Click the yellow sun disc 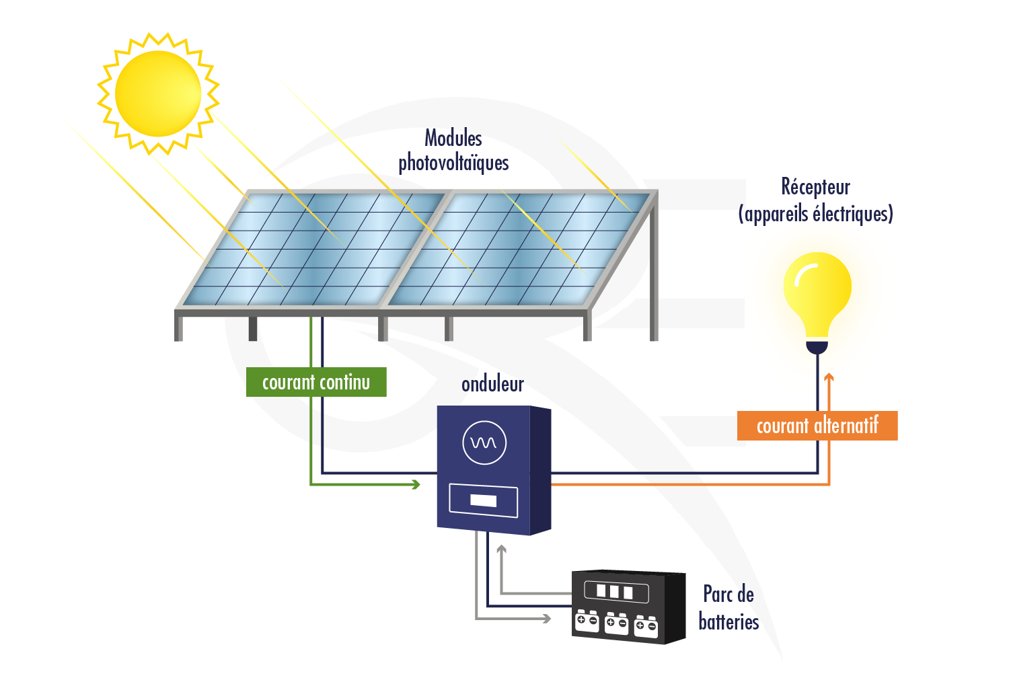click(158, 93)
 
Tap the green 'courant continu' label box click(316, 382)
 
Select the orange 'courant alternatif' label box click(817, 426)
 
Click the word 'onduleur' click(492, 384)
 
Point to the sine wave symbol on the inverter click(484, 443)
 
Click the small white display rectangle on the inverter click(483, 500)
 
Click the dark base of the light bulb click(817, 347)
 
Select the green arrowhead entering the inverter click(416, 484)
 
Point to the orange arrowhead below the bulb click(829, 378)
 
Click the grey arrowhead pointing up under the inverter click(501, 549)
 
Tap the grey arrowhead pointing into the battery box click(547, 618)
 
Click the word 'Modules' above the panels click(453, 139)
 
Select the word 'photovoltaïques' click(453, 163)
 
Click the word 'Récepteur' click(815, 187)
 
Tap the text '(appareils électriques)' click(815, 214)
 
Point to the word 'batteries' click(728, 621)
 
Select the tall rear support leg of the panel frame click(653, 269)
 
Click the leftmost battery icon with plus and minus click(587, 621)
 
